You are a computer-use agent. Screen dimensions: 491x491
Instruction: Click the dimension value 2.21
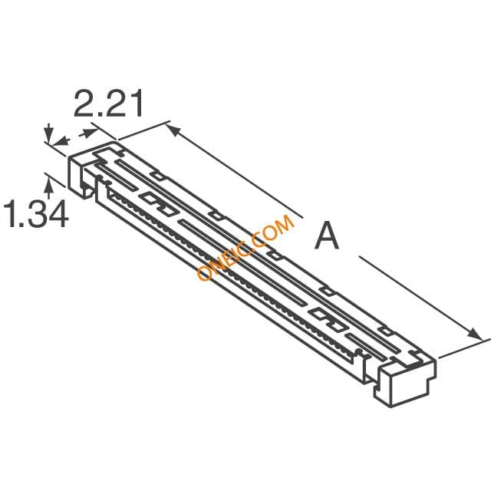pyautogui.click(x=108, y=104)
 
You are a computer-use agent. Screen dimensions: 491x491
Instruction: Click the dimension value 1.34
pyautogui.click(x=36, y=215)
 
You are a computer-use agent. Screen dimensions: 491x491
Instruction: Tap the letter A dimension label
pyautogui.click(x=327, y=236)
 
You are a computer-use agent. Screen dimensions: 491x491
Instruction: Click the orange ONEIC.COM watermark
pyautogui.click(x=245, y=247)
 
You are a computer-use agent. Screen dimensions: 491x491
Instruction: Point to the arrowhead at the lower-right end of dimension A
pyautogui.click(x=475, y=334)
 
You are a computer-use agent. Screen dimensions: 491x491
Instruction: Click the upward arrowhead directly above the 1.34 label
pyautogui.click(x=48, y=184)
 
